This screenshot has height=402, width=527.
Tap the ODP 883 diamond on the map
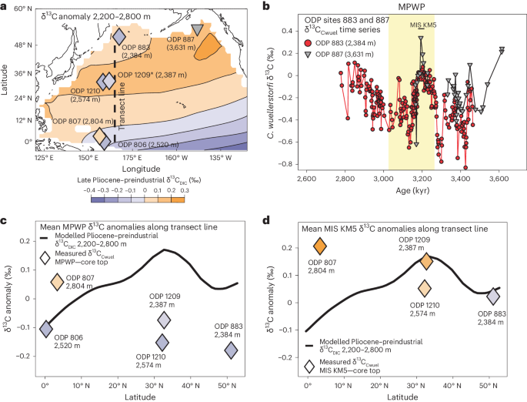tap(119, 35)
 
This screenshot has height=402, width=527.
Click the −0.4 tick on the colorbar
tap(91, 189)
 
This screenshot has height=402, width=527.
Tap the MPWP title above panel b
tap(408, 7)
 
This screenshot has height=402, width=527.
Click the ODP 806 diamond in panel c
tap(45, 329)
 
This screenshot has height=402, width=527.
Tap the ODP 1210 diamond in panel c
tap(162, 343)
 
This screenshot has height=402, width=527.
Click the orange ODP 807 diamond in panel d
tap(320, 246)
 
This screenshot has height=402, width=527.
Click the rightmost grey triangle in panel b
tap(502, 50)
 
